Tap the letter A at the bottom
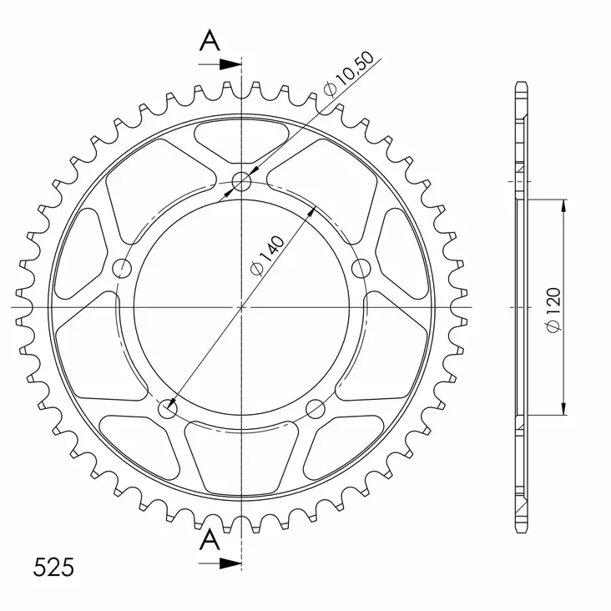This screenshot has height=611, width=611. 210,540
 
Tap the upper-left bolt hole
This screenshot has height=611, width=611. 123,268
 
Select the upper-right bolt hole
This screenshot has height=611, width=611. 361,268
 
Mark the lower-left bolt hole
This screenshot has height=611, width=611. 168,409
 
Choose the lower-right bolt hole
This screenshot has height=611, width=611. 316,408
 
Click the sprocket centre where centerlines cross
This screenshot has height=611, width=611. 241,307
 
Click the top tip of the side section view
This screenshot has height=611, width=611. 521,84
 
